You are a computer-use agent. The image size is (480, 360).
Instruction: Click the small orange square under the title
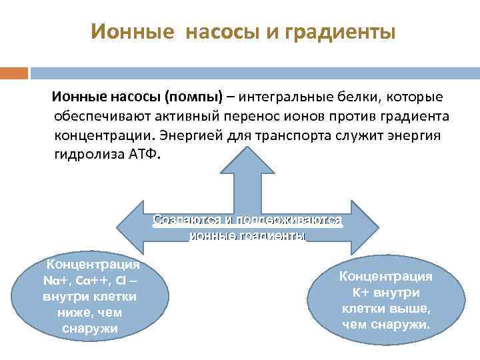(x=13, y=72)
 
